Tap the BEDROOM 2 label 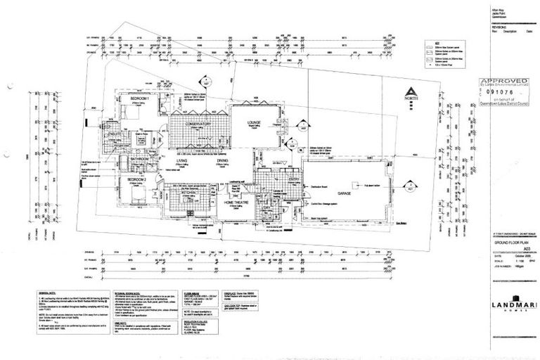coord(136,180)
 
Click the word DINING coord(222,161)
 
